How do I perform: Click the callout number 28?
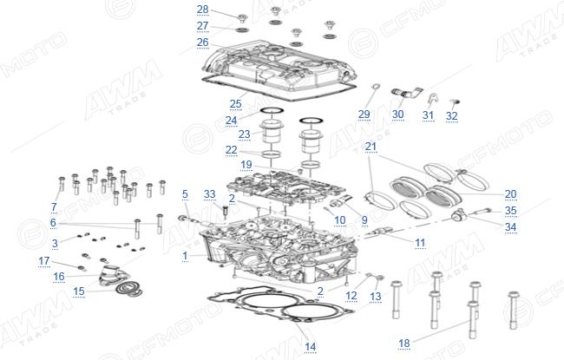point(202,10)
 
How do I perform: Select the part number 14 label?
point(310,347)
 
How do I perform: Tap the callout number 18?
point(404,344)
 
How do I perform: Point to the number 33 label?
point(209,194)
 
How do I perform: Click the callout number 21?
point(371,147)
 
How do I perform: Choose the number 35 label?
point(510,211)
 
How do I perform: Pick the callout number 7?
point(54,207)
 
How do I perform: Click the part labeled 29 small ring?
point(375,87)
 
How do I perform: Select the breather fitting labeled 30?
point(406,93)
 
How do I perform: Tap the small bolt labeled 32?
point(456,103)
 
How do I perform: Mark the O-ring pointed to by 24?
point(272,110)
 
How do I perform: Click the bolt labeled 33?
point(226,212)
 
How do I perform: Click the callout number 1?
point(185,256)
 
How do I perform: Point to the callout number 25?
point(236,104)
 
